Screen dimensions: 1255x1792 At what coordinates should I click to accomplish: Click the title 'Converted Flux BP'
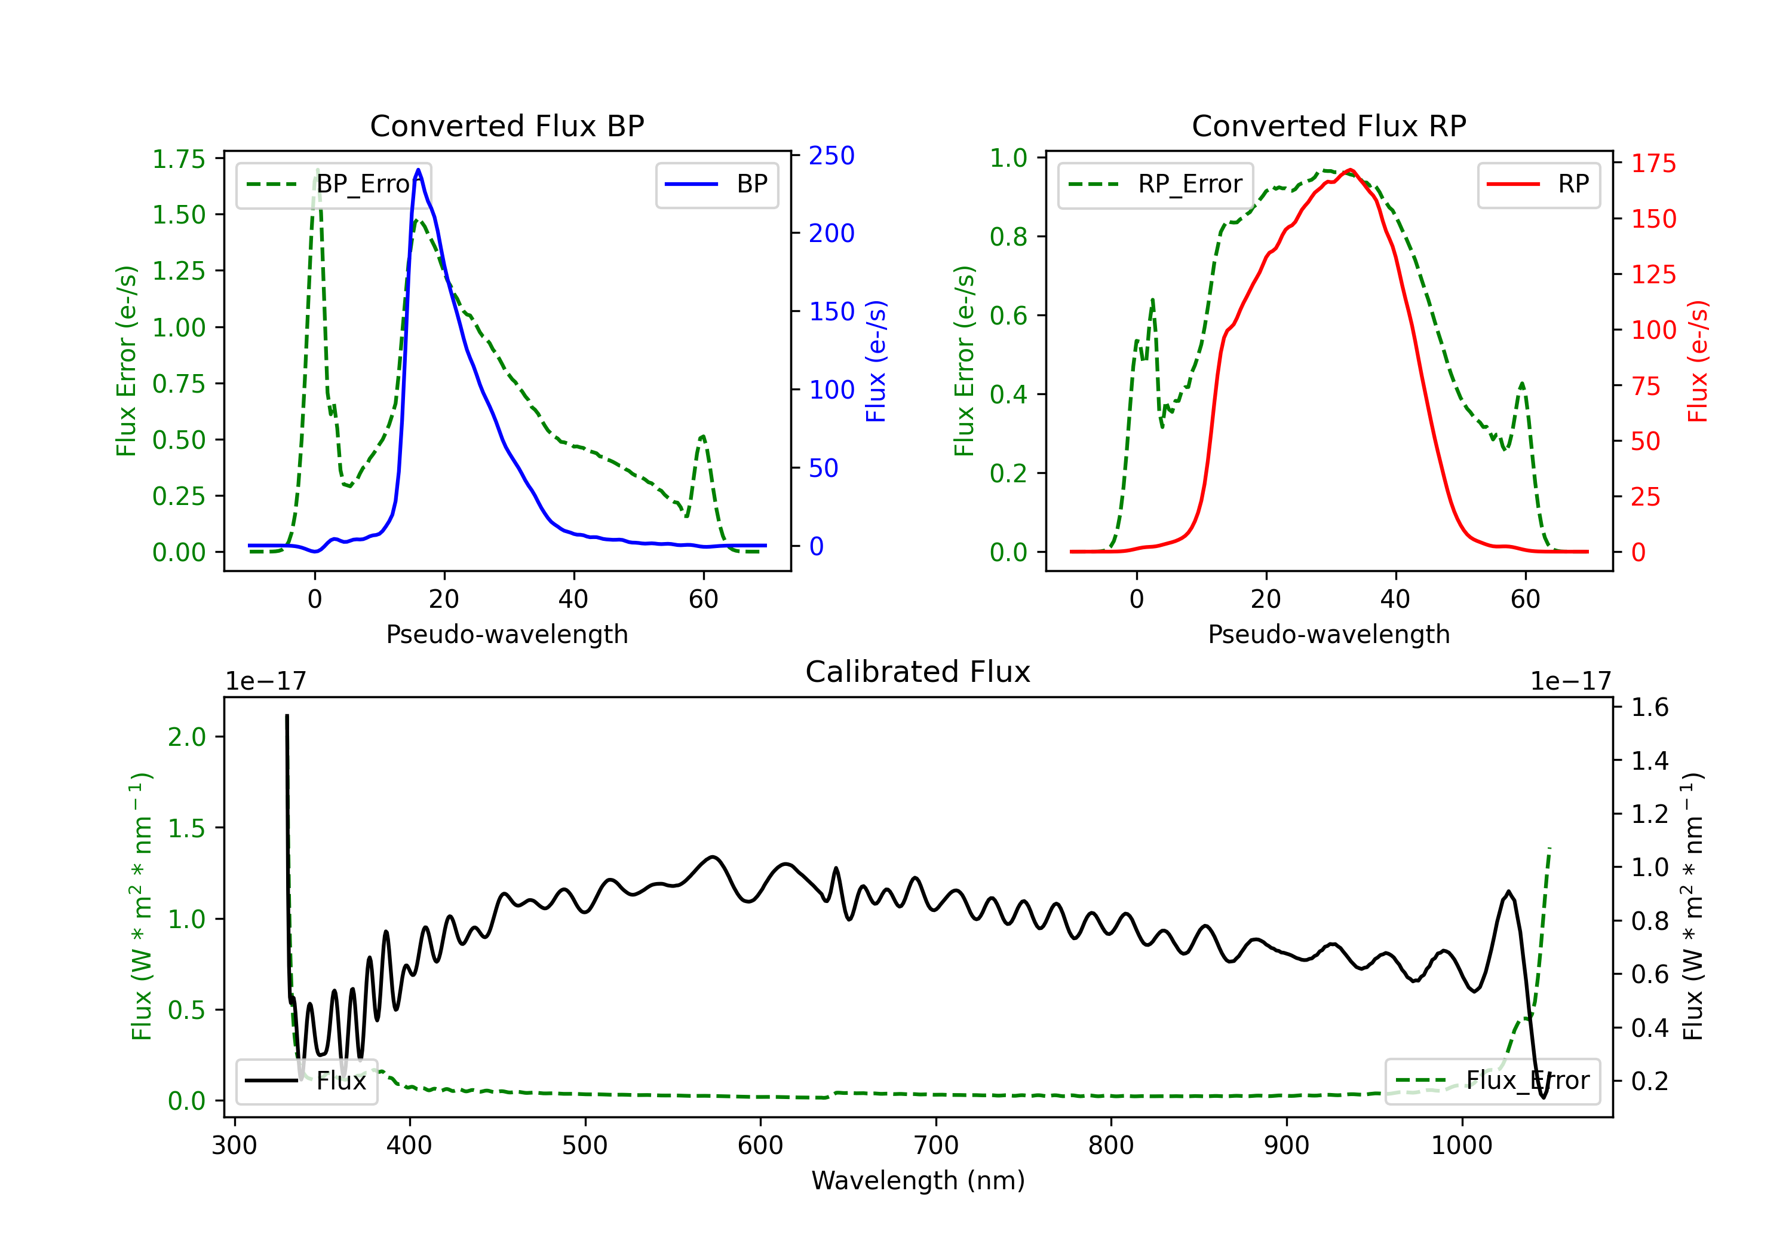[x=507, y=125]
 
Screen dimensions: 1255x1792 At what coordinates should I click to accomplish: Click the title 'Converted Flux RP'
[x=1328, y=125]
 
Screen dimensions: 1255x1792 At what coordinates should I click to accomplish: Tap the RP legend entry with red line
[x=1538, y=184]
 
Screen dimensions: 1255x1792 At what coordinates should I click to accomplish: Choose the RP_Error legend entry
[x=1155, y=184]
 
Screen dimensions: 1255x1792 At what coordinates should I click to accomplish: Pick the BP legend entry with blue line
[x=716, y=184]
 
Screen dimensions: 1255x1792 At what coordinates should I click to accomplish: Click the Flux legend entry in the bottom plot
[x=307, y=1081]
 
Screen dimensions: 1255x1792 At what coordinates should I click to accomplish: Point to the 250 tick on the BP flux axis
[x=831, y=155]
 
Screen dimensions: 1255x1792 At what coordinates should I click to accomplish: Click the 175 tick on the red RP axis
[x=1653, y=163]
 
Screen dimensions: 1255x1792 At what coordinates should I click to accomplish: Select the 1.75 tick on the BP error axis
[x=178, y=160]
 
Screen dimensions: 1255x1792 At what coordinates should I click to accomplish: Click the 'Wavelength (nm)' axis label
[x=918, y=1180]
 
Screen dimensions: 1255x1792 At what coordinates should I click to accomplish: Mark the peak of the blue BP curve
[x=418, y=170]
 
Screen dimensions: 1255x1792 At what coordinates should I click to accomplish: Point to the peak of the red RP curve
[x=1350, y=170]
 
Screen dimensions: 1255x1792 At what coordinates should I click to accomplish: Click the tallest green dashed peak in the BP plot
[x=317, y=170]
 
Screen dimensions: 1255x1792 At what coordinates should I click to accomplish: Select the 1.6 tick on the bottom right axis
[x=1649, y=708]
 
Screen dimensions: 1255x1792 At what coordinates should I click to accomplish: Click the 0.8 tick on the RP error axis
[x=1008, y=237]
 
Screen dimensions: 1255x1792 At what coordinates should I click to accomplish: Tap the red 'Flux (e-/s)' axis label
[x=1698, y=361]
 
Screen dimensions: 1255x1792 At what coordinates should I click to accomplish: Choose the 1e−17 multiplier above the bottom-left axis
[x=265, y=681]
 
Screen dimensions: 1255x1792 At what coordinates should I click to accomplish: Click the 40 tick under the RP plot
[x=1395, y=599]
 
